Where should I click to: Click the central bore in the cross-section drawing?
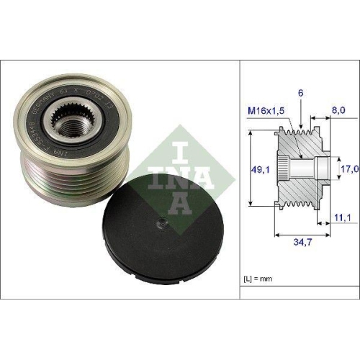tap(308, 169)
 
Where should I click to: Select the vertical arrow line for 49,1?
tap(249, 169)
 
